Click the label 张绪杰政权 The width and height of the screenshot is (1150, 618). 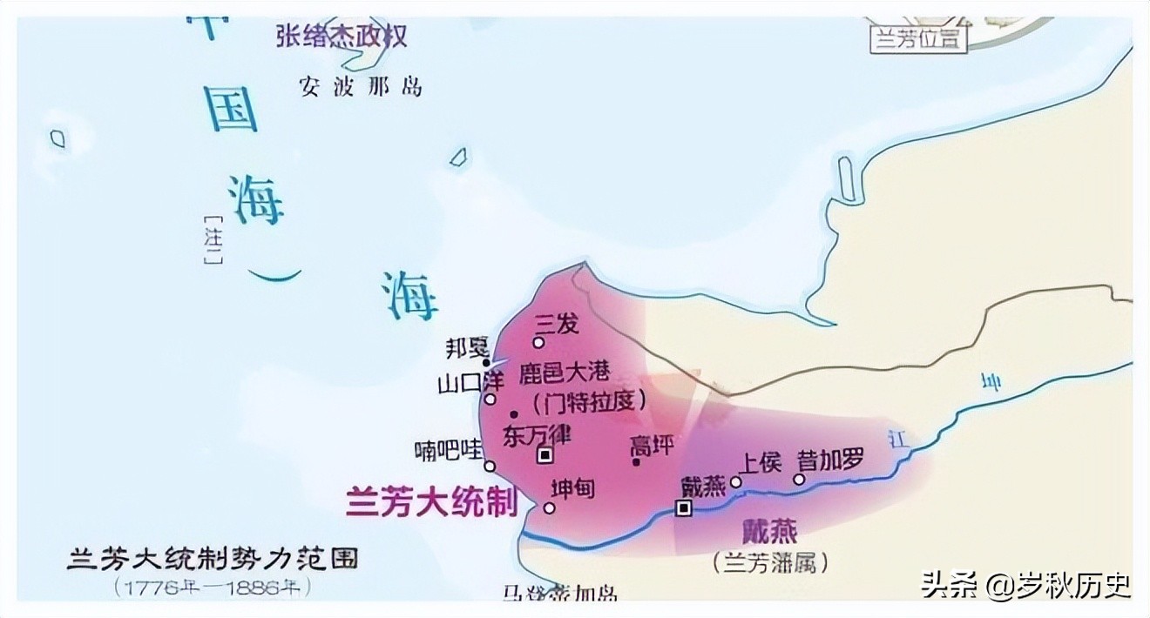pos(342,36)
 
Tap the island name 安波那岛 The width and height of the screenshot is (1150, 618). pos(360,86)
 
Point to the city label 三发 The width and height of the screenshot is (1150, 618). pos(557,323)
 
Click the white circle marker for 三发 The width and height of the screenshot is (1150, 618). pos(538,342)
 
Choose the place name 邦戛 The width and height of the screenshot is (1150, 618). pos(467,348)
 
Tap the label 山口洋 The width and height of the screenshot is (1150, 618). pos(459,382)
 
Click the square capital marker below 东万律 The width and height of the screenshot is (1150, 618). pos(545,454)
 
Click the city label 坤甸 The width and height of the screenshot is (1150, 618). pos(573,488)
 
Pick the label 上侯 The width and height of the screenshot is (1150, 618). pos(761,461)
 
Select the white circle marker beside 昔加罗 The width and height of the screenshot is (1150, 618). pos(799,479)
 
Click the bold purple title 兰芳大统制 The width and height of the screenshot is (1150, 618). pos(431,502)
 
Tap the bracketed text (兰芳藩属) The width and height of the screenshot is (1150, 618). pos(768,562)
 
